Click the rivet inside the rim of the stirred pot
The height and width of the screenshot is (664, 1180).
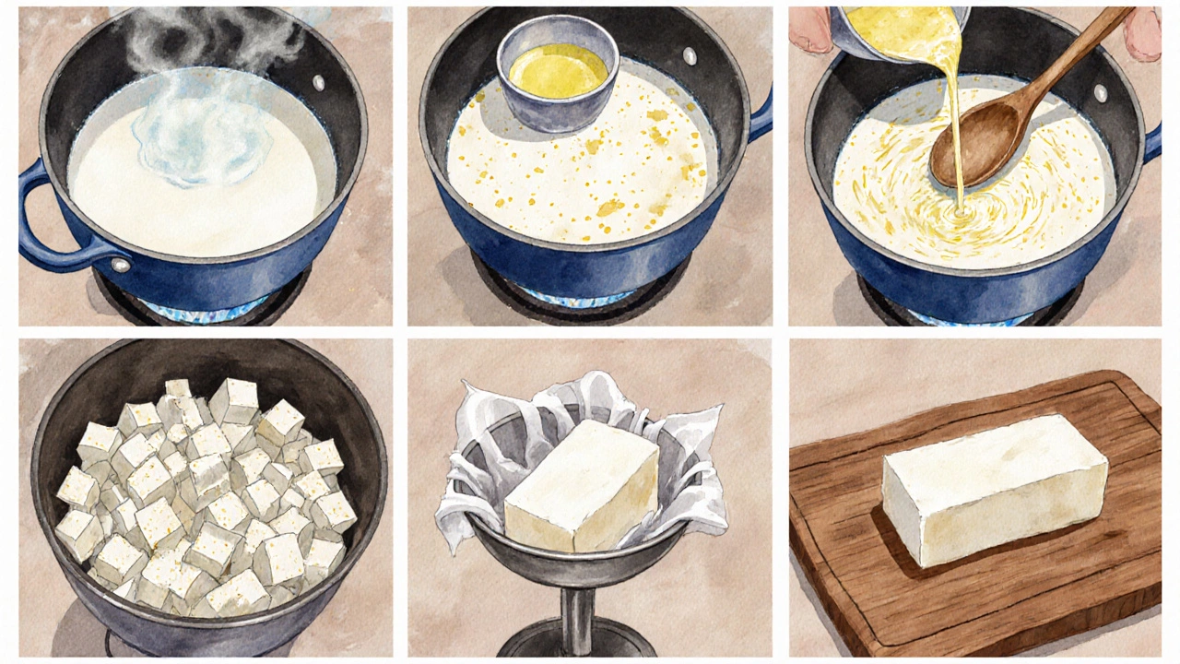pos(1099,93)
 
